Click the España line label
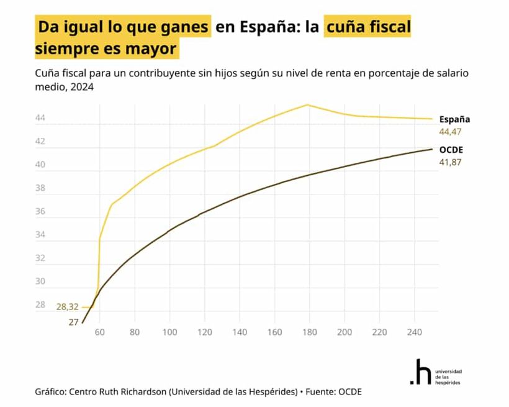454,119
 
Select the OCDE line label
451,150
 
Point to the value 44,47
451,132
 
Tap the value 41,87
451,162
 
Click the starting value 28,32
68,307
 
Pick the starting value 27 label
73,322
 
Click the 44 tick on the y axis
40,118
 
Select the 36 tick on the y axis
40,211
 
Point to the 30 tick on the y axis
40,281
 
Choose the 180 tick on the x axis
309,332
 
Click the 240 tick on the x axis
413,332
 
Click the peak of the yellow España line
307,104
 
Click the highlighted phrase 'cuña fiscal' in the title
367,28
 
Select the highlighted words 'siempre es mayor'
106,48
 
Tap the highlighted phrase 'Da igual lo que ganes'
123,28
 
